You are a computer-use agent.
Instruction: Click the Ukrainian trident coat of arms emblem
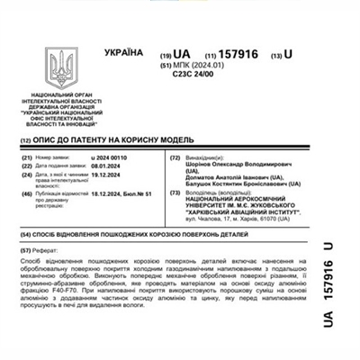[65, 68]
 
